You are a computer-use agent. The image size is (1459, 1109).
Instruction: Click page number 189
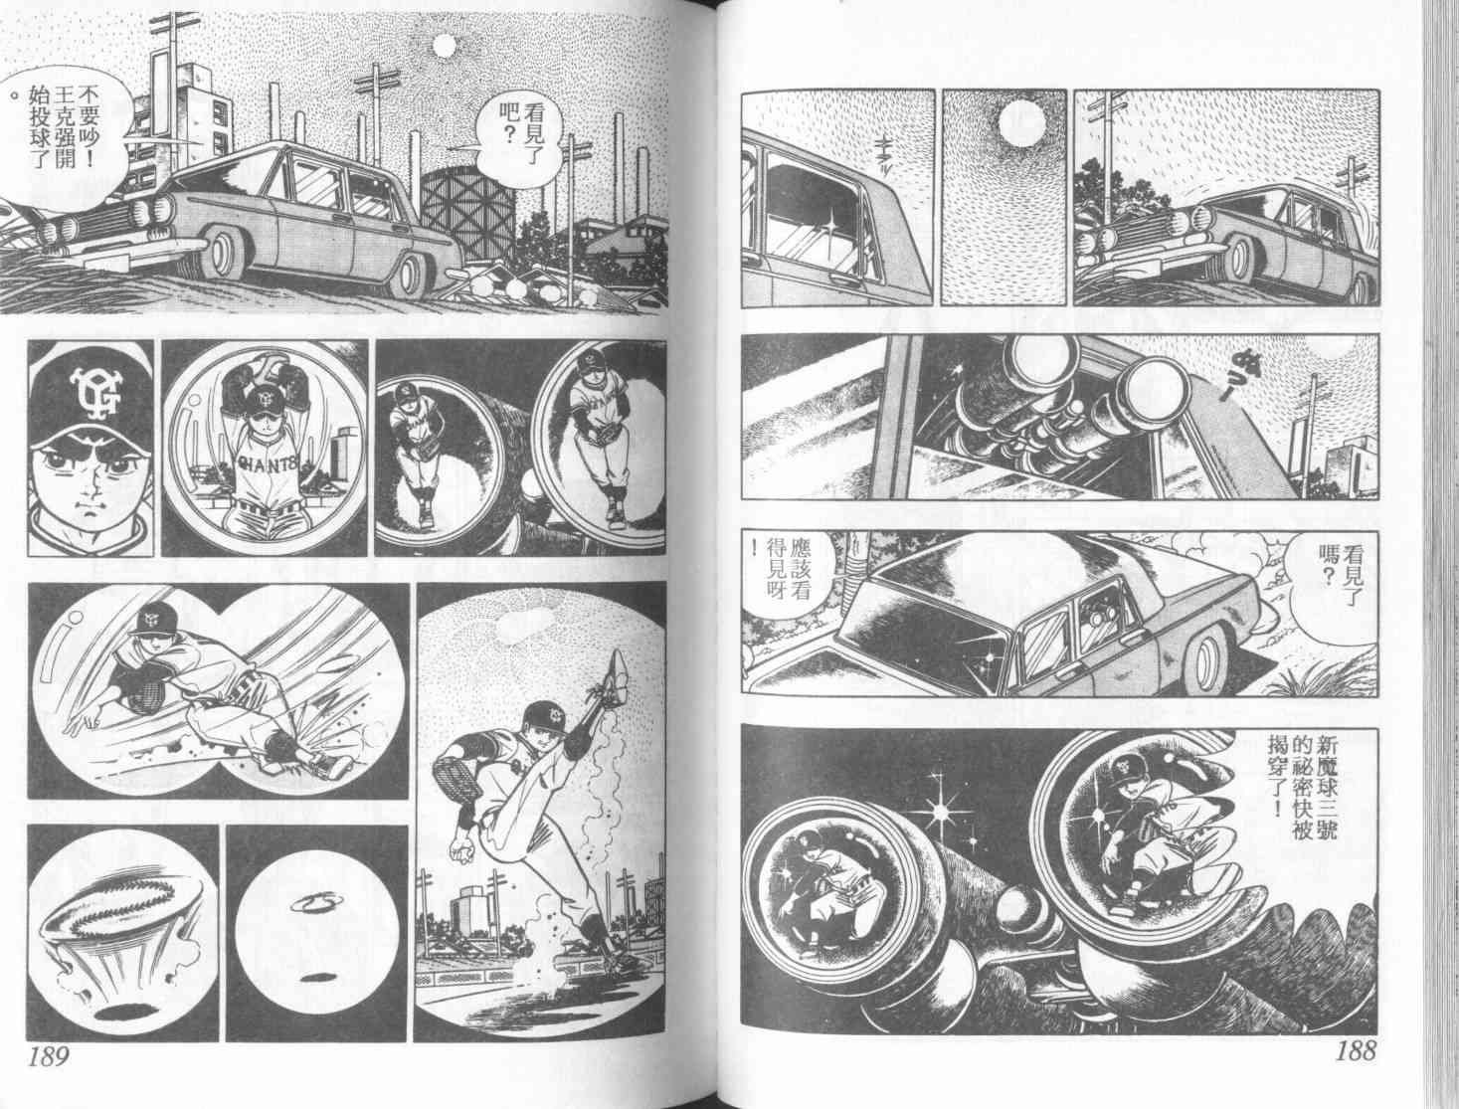point(50,1056)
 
